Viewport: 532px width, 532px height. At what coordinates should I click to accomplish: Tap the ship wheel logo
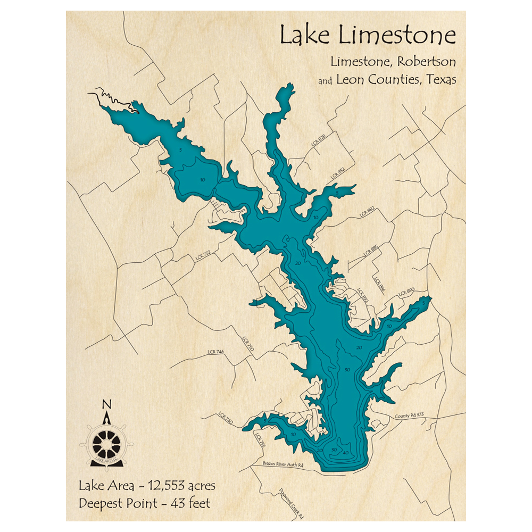pos(106,442)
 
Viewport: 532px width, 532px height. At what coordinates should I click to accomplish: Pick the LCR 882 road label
pos(367,211)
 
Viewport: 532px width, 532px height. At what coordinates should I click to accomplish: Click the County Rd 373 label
pos(408,415)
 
